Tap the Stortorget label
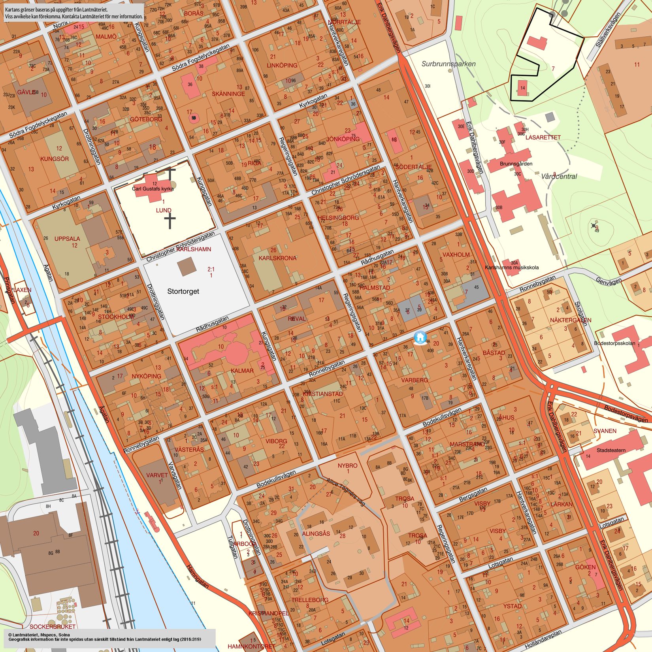[183, 291]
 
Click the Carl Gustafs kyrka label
[153, 189]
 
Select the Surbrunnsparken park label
[448, 64]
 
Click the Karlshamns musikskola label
[512, 268]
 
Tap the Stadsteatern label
[611, 450]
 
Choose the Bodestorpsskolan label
[614, 343]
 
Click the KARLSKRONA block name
[277, 258]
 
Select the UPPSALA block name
[67, 239]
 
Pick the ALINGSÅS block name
[316, 533]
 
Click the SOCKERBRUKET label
[53, 627]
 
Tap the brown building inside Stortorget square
[187, 267]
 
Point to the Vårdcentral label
[559, 177]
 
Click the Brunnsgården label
[516, 164]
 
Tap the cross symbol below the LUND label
[170, 222]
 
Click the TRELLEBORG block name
[310, 600]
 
